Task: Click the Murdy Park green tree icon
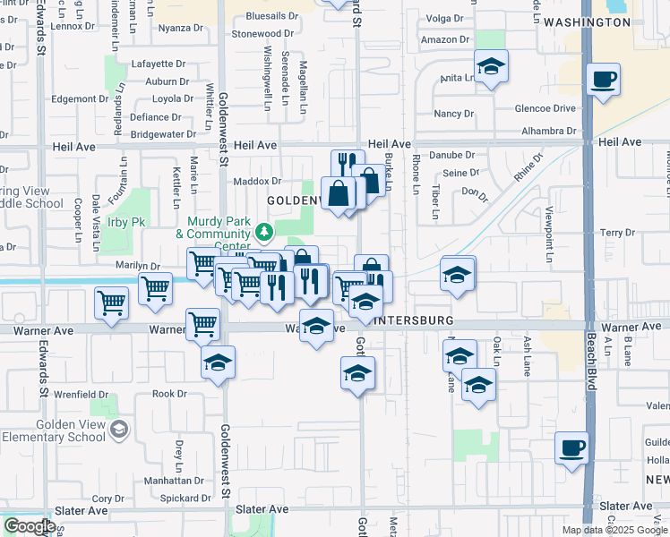pyautogui.click(x=264, y=233)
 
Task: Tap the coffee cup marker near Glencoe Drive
pyautogui.click(x=604, y=81)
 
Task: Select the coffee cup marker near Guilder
pyautogui.click(x=571, y=447)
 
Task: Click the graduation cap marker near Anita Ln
pyautogui.click(x=491, y=67)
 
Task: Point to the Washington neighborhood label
pyautogui.click(x=587, y=21)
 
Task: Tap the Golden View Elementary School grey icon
pyautogui.click(x=118, y=430)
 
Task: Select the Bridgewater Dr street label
pyautogui.click(x=162, y=134)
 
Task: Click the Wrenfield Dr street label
pyautogui.click(x=82, y=394)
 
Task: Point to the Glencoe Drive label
pyautogui.click(x=545, y=108)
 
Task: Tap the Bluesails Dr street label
pyautogui.click(x=271, y=16)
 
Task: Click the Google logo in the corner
pyautogui.click(x=30, y=526)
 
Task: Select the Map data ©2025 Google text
pyautogui.click(x=614, y=530)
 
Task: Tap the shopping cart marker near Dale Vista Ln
pyautogui.click(x=111, y=303)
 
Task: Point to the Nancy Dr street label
pyautogui.click(x=453, y=114)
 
